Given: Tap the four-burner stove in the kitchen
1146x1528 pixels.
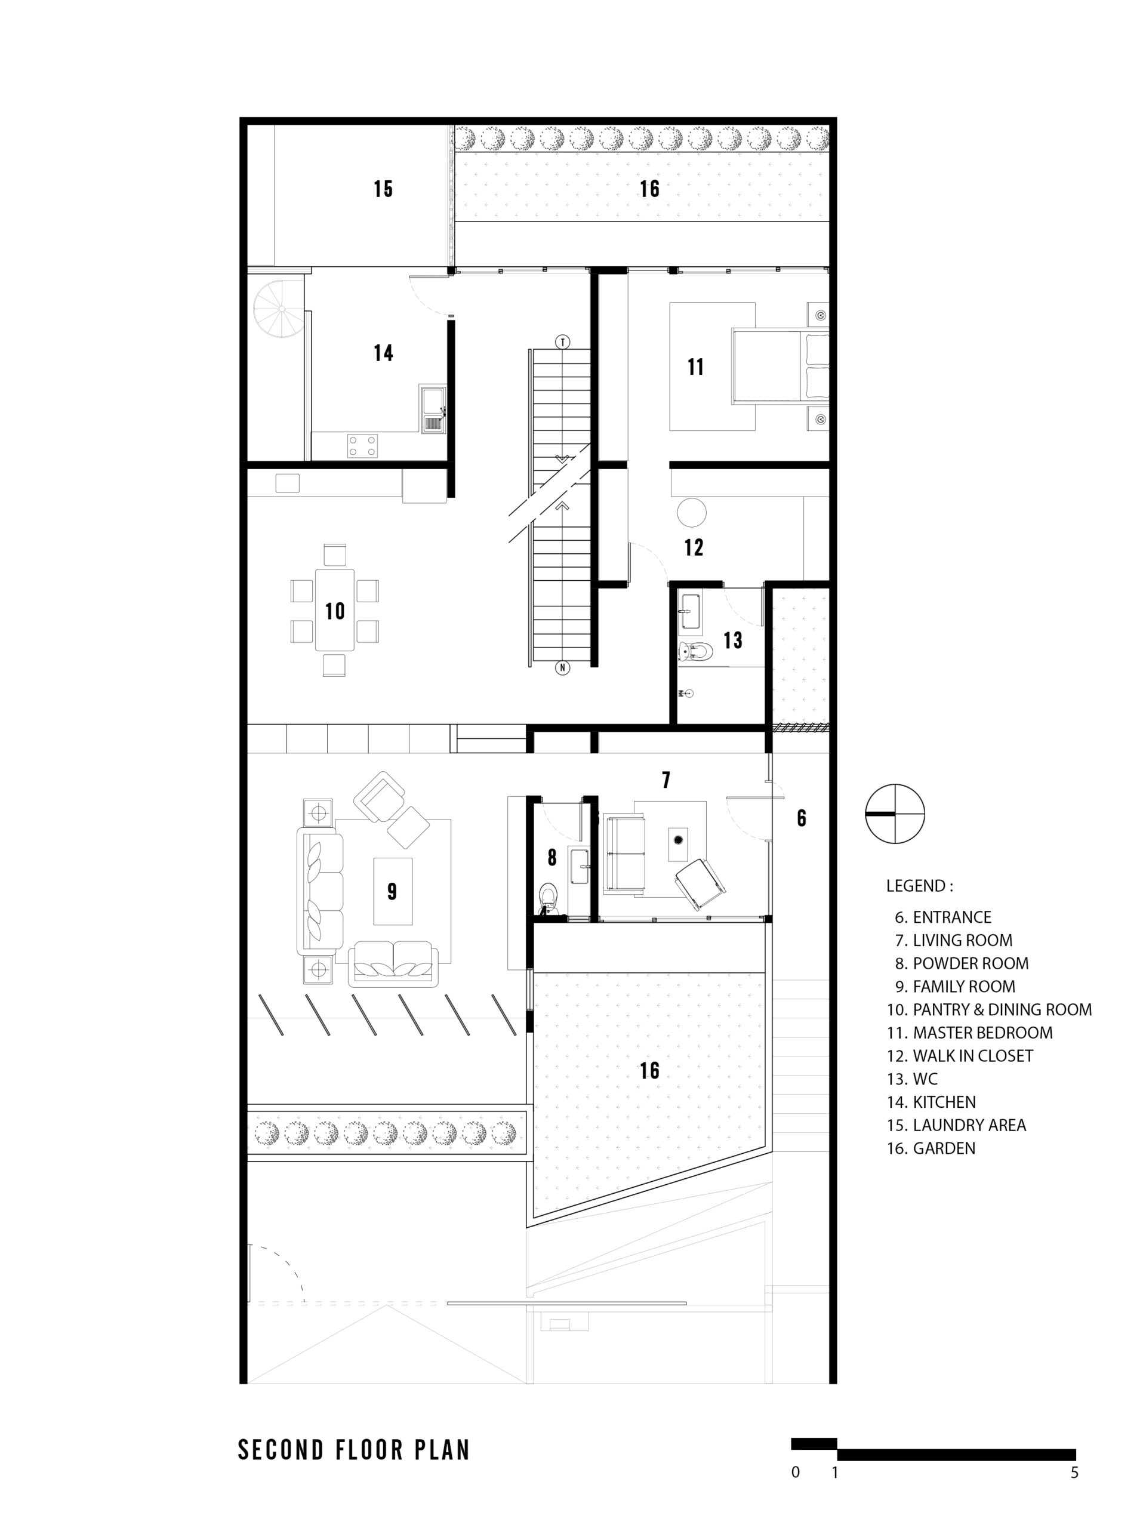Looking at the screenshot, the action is coord(363,444).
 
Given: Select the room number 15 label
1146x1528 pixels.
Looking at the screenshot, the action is coord(383,189).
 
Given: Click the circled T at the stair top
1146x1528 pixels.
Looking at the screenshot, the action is coord(563,342).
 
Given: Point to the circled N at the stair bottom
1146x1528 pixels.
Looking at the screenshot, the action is coord(563,667).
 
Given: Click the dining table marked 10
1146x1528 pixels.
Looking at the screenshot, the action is coord(334,609).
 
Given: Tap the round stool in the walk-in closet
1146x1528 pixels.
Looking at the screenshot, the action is coord(691,513).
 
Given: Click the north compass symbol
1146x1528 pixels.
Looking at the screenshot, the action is coord(895,813).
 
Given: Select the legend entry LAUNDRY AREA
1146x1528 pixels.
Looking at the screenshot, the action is coord(956,1125).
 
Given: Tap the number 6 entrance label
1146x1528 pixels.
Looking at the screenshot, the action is coord(801,818).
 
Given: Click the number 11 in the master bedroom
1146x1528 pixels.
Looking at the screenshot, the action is coord(695,367).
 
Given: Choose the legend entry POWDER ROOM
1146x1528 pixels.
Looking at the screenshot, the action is coord(962,963).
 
